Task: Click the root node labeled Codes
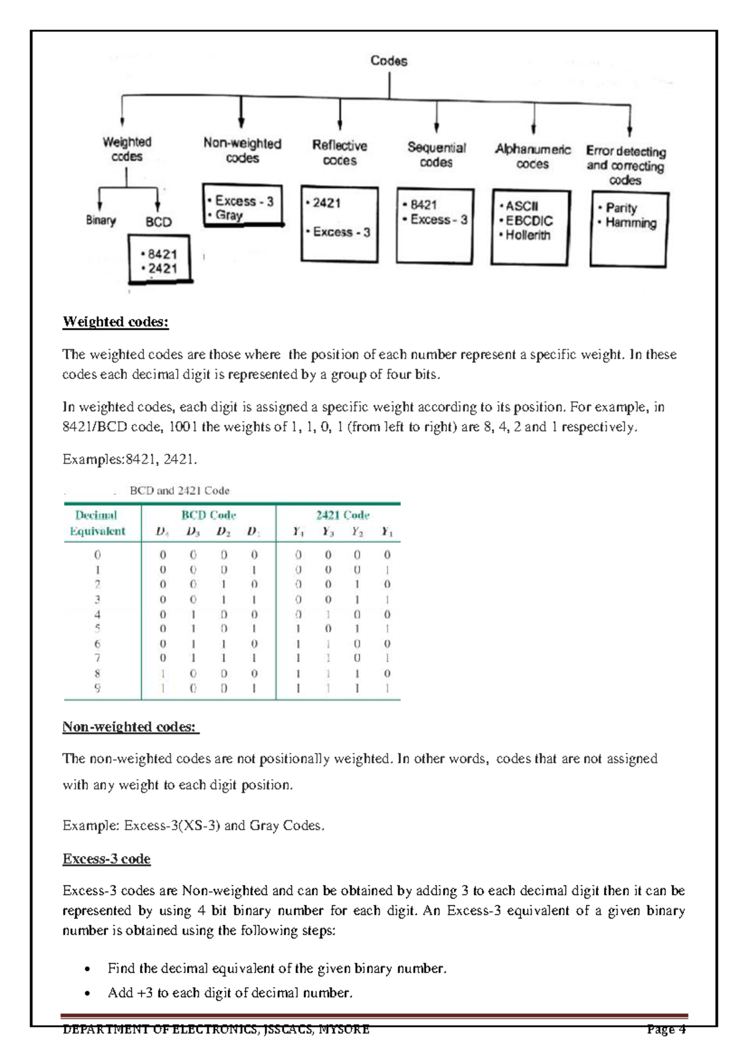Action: pyautogui.click(x=389, y=61)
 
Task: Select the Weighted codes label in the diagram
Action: pyautogui.click(x=127, y=150)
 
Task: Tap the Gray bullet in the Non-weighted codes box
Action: pyautogui.click(x=229, y=216)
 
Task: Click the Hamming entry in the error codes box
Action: pyautogui.click(x=630, y=223)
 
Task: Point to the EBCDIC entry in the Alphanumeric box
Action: pyautogui.click(x=529, y=221)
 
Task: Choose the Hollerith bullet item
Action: pyautogui.click(x=527, y=236)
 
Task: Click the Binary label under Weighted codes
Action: pyautogui.click(x=101, y=221)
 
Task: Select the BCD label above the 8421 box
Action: pyautogui.click(x=158, y=222)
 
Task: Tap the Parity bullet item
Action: pyautogui.click(x=621, y=208)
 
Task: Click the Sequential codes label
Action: pyautogui.click(x=436, y=155)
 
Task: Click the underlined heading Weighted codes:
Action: pyautogui.click(x=115, y=322)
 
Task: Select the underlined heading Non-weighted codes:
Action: pyautogui.click(x=130, y=727)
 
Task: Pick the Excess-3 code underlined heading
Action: pyautogui.click(x=107, y=859)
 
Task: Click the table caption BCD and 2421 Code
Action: pyautogui.click(x=180, y=491)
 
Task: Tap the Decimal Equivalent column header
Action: pyautogui.click(x=97, y=524)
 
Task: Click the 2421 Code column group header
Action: pyautogui.click(x=342, y=515)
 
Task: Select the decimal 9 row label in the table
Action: pyautogui.click(x=97, y=689)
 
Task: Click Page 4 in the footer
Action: pyautogui.click(x=666, y=1030)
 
